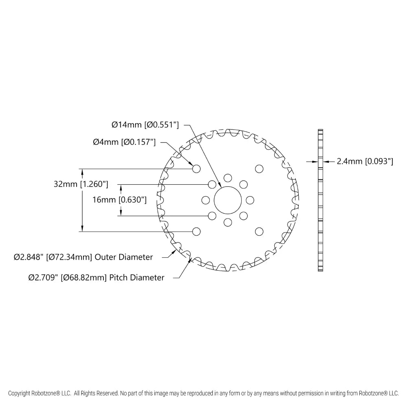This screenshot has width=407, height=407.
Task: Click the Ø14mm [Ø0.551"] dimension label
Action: [x=145, y=125]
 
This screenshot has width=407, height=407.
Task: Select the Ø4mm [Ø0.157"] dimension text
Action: [x=124, y=142]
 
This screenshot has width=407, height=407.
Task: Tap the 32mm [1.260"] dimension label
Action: [x=81, y=184]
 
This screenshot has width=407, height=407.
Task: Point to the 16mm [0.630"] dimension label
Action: [x=120, y=199]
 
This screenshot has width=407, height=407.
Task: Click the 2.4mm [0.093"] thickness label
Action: [x=365, y=161]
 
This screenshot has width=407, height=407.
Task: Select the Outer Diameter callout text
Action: [x=83, y=257]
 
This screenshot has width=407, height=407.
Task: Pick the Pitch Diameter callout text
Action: [x=96, y=278]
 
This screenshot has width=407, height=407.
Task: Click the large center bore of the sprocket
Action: [x=228, y=200]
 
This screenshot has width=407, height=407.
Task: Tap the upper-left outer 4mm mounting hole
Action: [x=197, y=169]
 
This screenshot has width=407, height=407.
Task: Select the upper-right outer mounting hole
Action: [x=259, y=169]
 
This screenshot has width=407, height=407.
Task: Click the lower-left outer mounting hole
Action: [x=197, y=232]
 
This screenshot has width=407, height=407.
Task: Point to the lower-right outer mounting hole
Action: [x=259, y=232]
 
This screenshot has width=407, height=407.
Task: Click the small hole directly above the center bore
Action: [x=228, y=178]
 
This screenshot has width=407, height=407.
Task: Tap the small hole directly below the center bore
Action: [x=228, y=223]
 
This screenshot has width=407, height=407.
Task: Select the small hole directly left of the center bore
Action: [x=206, y=200]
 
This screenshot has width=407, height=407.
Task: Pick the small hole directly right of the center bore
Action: [x=250, y=200]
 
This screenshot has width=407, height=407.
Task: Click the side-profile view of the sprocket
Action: [x=320, y=200]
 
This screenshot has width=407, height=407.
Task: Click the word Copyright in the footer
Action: [x=19, y=393]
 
